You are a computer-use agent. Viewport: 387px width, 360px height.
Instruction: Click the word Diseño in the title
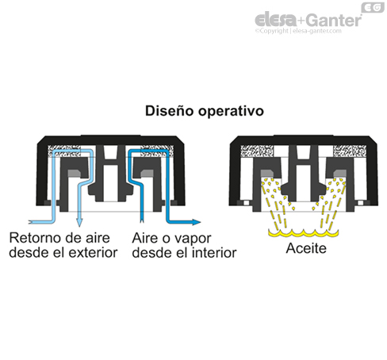[x=170, y=111]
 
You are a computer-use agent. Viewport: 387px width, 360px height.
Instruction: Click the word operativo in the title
[x=232, y=112]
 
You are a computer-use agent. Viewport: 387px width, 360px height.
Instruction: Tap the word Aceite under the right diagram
[x=306, y=248]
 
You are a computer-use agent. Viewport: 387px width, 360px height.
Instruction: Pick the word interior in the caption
[x=214, y=253]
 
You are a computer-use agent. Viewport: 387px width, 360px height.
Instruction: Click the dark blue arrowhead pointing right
[x=197, y=222]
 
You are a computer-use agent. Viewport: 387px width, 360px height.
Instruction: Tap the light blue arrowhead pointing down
[x=79, y=223]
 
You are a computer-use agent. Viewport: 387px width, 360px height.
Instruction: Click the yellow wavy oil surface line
[x=303, y=233]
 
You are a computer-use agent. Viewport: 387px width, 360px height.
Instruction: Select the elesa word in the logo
[x=276, y=19]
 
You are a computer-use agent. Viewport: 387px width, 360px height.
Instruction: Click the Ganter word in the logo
[x=334, y=20]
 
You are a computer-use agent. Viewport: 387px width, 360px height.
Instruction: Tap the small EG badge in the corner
[x=373, y=7]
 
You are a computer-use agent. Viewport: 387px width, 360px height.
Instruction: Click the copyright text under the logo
[x=298, y=31]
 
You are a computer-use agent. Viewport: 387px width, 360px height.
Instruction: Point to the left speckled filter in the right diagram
[x=257, y=151]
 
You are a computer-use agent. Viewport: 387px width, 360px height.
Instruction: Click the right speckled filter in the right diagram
[x=350, y=151]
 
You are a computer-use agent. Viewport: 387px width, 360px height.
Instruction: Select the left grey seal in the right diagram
[x=267, y=174]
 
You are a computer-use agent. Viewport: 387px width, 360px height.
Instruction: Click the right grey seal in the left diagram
[x=148, y=174]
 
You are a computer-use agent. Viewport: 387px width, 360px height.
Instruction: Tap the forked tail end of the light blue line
[x=30, y=221]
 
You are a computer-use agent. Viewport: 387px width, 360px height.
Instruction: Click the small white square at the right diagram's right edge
[x=360, y=203]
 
